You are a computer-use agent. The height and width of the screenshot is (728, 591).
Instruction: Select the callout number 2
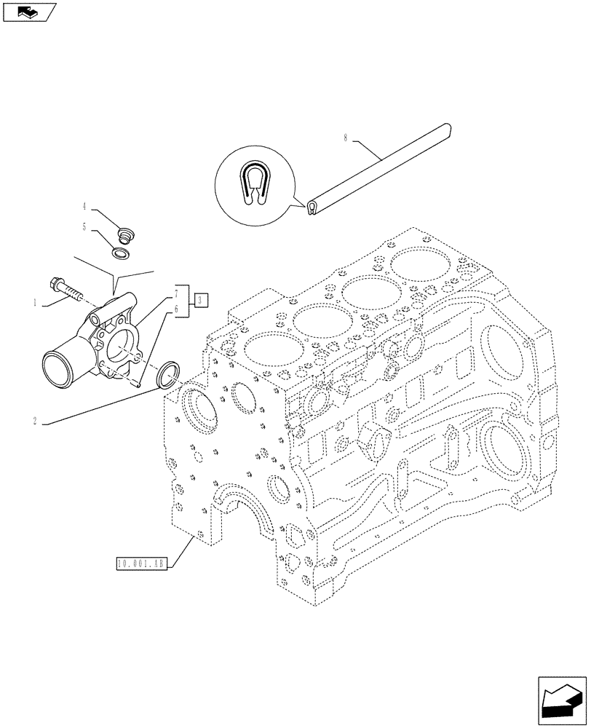tap(36, 420)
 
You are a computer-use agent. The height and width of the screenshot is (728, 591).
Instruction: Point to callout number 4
tap(85, 206)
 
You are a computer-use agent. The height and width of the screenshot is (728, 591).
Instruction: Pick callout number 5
tap(85, 226)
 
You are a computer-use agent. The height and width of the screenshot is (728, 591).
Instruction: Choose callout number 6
tap(176, 310)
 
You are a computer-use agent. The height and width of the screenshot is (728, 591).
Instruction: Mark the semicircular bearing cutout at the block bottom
tap(240, 510)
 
